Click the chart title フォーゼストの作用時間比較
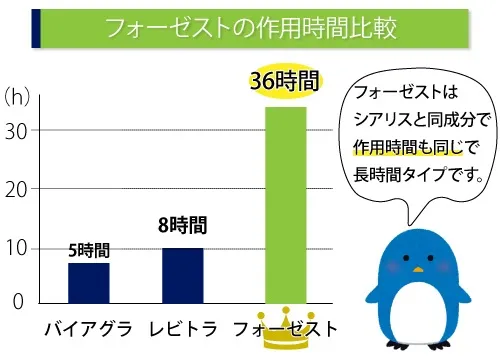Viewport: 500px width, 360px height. pyautogui.click(x=250, y=28)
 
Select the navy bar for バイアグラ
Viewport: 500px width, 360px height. pyautogui.click(x=88, y=282)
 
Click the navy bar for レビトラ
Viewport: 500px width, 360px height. pyautogui.click(x=182, y=275)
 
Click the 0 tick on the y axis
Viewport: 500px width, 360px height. pyautogui.click(x=17, y=301)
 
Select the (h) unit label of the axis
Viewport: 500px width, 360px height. pyautogui.click(x=19, y=97)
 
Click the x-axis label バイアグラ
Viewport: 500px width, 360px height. pyautogui.click(x=88, y=327)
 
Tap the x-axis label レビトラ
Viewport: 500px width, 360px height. pyautogui.click(x=183, y=327)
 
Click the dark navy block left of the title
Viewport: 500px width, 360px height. pyautogui.click(x=37, y=28)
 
